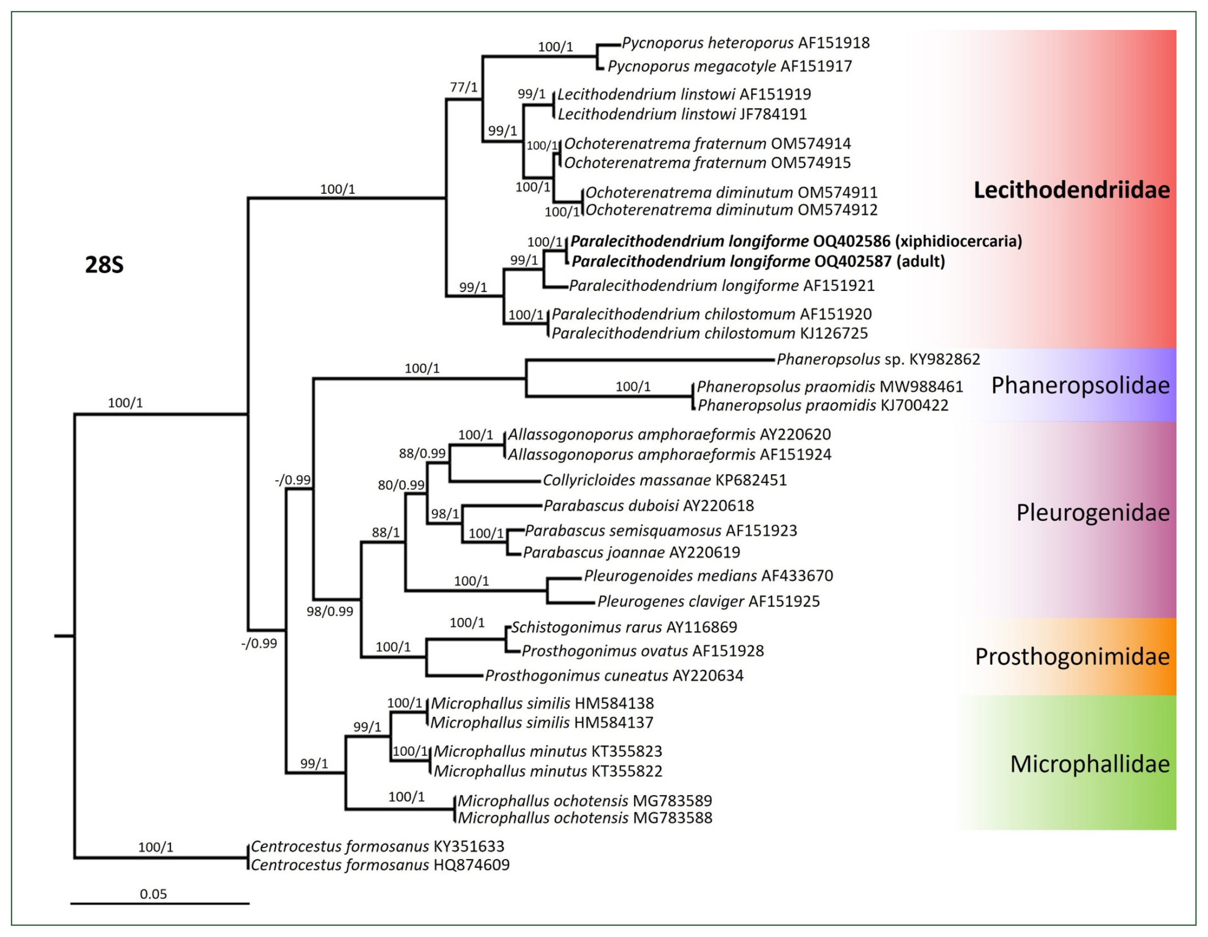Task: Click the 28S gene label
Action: point(104,265)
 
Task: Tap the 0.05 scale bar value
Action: point(153,894)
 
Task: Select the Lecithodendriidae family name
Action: point(1071,190)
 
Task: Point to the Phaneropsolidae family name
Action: point(1080,386)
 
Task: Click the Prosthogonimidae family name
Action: point(1072,656)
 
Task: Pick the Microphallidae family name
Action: point(1090,764)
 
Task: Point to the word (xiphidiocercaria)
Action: point(959,241)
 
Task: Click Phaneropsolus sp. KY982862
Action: point(878,360)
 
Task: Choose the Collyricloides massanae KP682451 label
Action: point(664,480)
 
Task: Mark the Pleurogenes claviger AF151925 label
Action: point(708,601)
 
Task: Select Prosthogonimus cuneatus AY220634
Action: point(614,675)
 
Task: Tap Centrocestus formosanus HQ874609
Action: point(380,865)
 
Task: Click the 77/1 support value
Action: point(463,87)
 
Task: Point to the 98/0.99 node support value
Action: point(330,611)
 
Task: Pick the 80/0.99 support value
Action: point(401,485)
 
